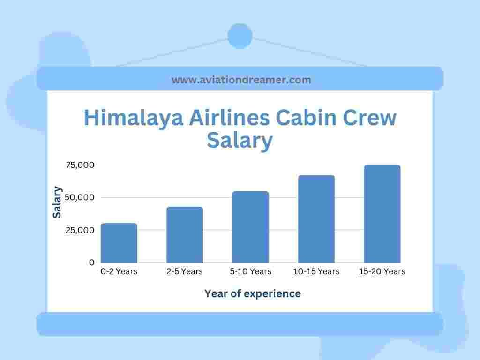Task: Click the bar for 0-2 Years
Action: [119, 243]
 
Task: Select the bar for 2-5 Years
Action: [185, 234]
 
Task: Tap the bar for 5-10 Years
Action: [251, 227]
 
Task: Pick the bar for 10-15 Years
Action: [316, 219]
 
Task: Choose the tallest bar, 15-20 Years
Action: [382, 214]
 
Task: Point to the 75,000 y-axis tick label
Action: [80, 165]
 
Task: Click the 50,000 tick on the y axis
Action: [80, 197]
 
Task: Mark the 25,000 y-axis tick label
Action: [80, 230]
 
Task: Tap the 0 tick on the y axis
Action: [91, 262]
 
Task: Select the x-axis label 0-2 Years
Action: [119, 271]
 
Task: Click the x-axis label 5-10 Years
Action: [251, 271]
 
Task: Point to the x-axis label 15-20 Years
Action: [382, 271]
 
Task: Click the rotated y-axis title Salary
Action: [57, 202]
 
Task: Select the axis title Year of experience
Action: [253, 293]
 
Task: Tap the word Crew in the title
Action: [369, 118]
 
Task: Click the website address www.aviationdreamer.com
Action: [241, 80]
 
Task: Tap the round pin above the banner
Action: [240, 36]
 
